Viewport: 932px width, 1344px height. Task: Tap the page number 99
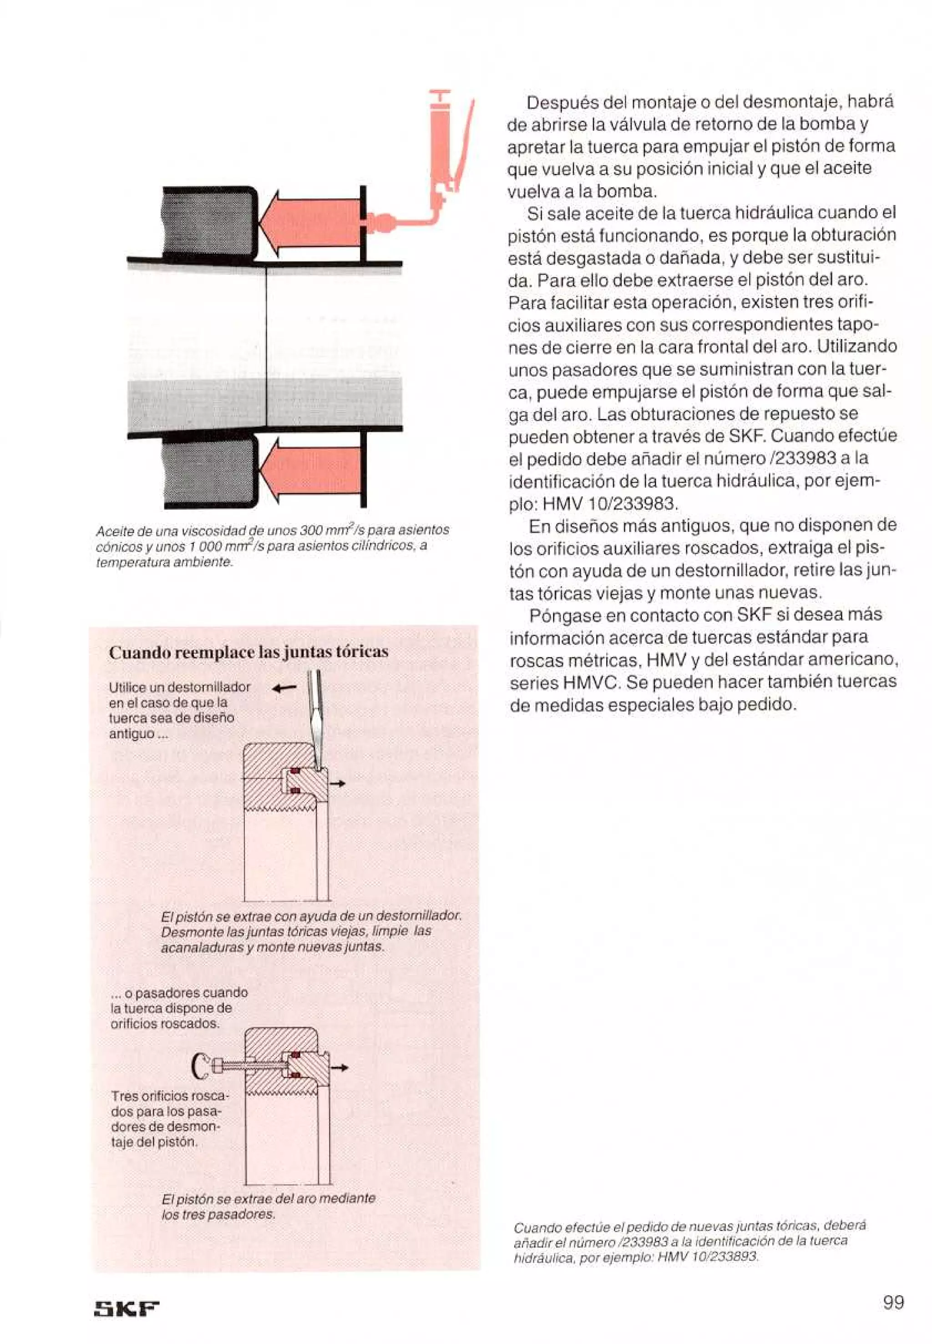pos(893,1302)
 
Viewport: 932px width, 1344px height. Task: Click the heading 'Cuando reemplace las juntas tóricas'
pos(248,652)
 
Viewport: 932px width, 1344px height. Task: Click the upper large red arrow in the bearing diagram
pos(309,224)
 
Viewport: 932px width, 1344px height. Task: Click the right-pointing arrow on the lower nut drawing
pos(340,1068)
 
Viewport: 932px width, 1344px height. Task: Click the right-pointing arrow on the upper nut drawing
pos(338,783)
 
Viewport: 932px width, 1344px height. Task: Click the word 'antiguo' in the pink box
pos(132,734)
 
